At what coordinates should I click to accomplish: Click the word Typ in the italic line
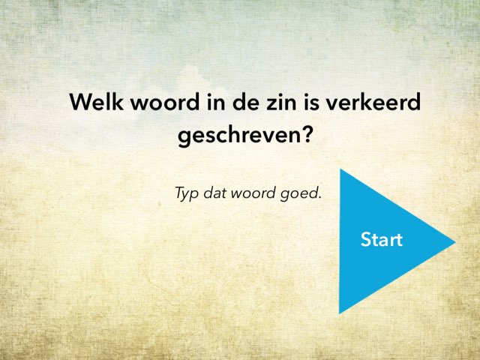point(187,193)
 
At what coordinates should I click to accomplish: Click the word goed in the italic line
point(301,193)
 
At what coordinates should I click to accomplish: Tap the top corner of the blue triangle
point(340,170)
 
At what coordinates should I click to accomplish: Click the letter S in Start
point(366,240)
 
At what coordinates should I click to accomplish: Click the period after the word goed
point(319,197)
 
